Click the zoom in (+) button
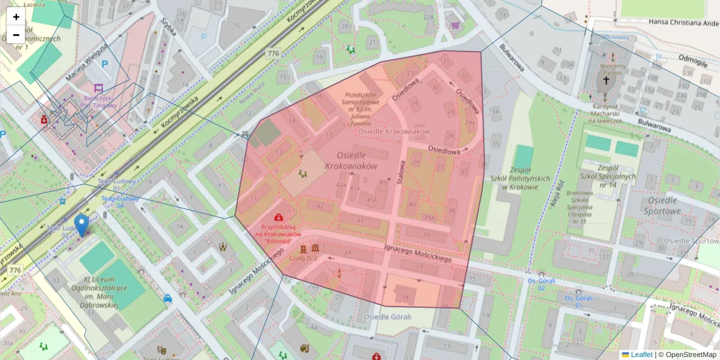(x=16, y=17)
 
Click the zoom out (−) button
(x=16, y=35)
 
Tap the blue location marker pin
(x=81, y=225)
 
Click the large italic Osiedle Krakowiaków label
(x=351, y=160)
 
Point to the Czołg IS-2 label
(x=304, y=259)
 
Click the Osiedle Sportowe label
(x=662, y=205)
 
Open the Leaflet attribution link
(x=641, y=355)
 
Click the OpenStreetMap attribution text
(x=687, y=355)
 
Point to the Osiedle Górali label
(x=387, y=316)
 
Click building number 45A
(x=373, y=199)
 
